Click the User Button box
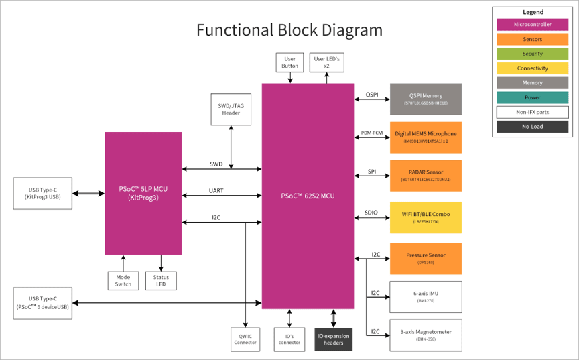289,62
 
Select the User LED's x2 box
327,62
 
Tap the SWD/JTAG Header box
231,109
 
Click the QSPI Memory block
426,99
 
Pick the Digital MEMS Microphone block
426,137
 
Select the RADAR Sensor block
426,176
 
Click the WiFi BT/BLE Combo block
426,217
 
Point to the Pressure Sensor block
426,259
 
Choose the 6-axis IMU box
426,297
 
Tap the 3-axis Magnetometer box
426,335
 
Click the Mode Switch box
123,280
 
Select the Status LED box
161,280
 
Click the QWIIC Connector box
245,339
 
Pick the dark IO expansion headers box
333,339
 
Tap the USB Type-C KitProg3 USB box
42,193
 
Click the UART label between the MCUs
216,191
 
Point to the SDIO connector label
371,213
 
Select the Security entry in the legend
532,54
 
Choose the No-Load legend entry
532,127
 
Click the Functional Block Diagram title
289,30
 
